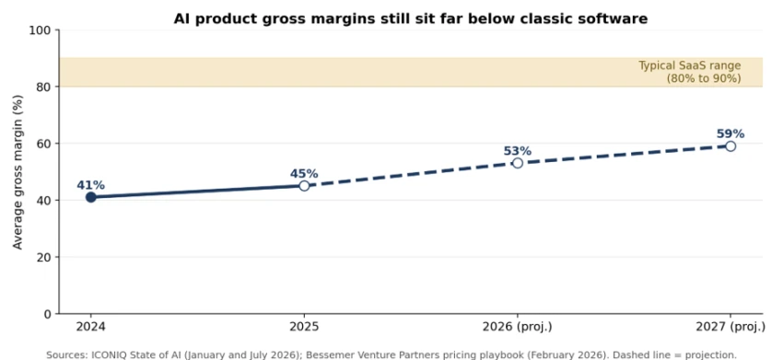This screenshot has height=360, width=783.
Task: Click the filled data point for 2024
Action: [x=90, y=197]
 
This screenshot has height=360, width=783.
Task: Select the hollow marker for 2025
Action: [x=304, y=186]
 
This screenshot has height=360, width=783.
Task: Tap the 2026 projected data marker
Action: [x=518, y=163]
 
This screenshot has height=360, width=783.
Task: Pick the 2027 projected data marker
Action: [x=730, y=145]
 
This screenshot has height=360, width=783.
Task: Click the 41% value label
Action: [x=90, y=185]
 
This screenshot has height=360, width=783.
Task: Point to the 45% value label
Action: [x=304, y=174]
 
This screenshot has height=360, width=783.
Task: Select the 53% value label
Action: [x=518, y=151]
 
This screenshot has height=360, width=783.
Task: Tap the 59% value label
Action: [x=730, y=134]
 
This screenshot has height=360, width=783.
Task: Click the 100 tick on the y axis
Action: [x=43, y=30]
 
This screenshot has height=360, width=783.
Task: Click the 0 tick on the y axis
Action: [x=49, y=314]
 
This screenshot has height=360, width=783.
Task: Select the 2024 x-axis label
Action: [x=90, y=327]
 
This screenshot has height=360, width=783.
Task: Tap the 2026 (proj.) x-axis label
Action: [x=518, y=327]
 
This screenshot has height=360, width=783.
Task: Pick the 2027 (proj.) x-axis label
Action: [x=730, y=327]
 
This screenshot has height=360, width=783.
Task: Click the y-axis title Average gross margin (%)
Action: [x=18, y=172]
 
